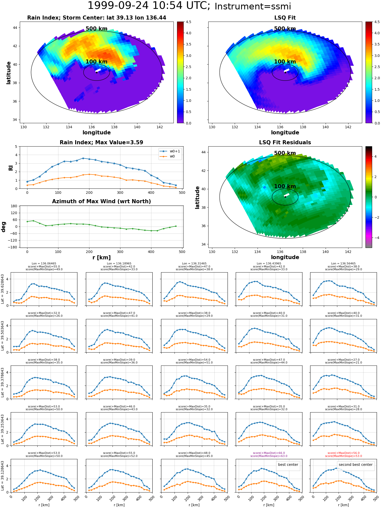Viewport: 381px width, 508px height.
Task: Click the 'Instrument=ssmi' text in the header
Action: click(253, 6)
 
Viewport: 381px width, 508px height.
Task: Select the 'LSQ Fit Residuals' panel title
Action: click(285, 142)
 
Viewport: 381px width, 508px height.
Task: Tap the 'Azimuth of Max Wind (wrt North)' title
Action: click(101, 201)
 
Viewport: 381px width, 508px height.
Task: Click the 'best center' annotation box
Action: click(288, 465)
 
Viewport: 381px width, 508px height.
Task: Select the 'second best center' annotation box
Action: click(356, 465)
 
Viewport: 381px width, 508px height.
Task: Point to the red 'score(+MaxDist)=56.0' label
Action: click(343, 453)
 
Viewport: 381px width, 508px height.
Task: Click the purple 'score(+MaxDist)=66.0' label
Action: click(269, 453)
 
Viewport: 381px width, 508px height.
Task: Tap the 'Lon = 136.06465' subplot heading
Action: click(44, 264)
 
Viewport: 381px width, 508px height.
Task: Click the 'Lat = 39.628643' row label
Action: click(3, 289)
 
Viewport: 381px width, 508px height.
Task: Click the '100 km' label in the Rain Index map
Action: click(97, 62)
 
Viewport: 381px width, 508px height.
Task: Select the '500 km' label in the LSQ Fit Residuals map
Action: click(285, 153)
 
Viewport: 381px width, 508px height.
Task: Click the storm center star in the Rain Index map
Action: click(97, 72)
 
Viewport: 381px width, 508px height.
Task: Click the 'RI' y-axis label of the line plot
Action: click(11, 168)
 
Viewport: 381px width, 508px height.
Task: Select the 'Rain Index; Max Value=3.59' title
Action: click(101, 142)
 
